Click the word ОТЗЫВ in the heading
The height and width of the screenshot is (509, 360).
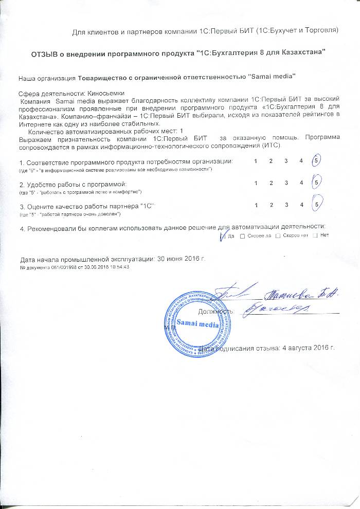click(46, 53)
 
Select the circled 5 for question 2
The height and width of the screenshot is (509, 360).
click(317, 183)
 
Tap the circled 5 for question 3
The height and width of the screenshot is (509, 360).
click(317, 205)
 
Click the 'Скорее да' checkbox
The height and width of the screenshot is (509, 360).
click(242, 236)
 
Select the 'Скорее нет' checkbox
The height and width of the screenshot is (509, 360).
click(278, 236)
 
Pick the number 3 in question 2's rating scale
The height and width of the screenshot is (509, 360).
click(285, 183)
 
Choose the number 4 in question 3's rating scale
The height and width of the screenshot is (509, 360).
click(301, 205)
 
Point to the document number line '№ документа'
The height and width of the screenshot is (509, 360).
click(74, 268)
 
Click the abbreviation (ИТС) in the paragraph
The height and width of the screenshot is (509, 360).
click(272, 146)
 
